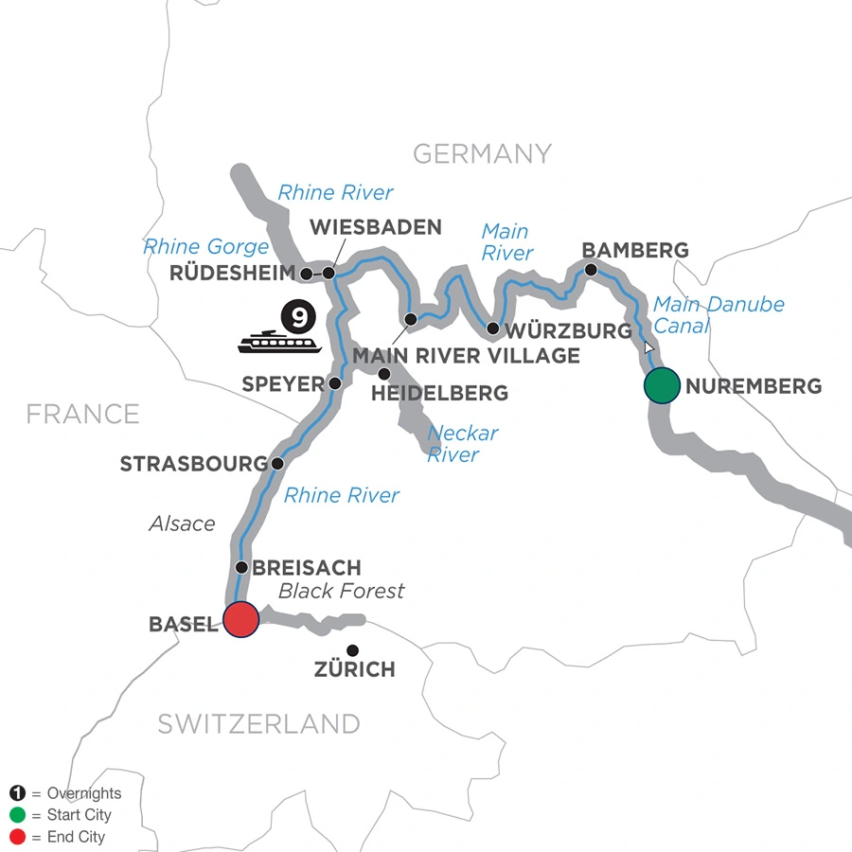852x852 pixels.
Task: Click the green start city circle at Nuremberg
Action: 662,385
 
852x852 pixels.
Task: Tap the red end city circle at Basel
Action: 240,619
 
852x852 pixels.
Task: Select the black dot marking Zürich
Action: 353,650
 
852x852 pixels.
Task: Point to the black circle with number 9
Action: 296,314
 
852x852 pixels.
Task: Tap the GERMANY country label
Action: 482,153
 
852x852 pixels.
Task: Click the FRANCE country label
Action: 83,414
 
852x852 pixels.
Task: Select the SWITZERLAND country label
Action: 258,724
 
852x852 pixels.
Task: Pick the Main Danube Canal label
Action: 718,316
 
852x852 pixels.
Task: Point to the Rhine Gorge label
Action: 206,247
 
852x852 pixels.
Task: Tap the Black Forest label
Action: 341,592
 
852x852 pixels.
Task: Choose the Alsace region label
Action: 182,524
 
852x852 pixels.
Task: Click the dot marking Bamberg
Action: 591,270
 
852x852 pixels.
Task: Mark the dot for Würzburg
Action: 492,328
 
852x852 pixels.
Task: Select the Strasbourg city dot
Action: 276,464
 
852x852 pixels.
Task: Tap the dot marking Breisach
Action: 241,568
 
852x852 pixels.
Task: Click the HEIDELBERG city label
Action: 442,393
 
